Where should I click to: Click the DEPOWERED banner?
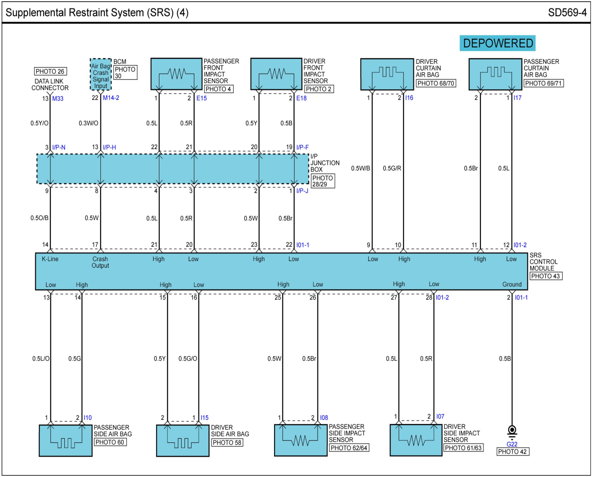point(497,43)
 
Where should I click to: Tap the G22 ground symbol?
point(512,431)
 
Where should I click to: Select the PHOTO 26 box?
point(50,71)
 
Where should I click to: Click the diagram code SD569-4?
point(567,13)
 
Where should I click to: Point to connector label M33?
point(58,99)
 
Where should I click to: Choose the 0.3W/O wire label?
point(88,123)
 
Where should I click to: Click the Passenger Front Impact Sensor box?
point(176,74)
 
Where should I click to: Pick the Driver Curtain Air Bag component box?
point(387,74)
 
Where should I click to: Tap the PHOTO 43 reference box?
point(546,276)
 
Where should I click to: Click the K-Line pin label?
point(50,259)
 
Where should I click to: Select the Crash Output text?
point(100,262)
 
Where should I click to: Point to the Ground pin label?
point(512,284)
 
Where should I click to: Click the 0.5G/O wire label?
point(188,358)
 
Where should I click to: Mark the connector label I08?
point(324,418)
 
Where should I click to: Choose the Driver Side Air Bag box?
point(183,440)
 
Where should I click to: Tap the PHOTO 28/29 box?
point(323,181)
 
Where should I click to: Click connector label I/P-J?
point(302,190)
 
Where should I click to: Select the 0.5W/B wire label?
point(360,168)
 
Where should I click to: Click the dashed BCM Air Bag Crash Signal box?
point(101,74)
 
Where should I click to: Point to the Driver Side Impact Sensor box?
point(416,440)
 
